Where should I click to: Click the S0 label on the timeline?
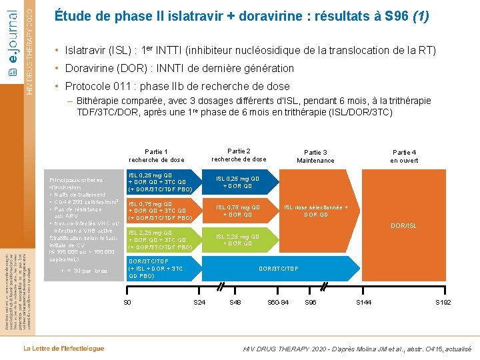(x=127, y=303)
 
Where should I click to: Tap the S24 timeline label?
(x=199, y=303)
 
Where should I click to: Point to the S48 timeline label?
(x=235, y=303)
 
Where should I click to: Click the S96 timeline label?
(x=310, y=303)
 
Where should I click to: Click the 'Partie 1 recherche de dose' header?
(x=157, y=156)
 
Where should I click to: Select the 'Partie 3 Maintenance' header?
(x=315, y=156)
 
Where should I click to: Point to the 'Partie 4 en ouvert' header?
(x=404, y=156)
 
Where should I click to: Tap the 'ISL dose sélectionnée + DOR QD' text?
(x=316, y=211)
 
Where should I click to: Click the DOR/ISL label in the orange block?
(x=403, y=226)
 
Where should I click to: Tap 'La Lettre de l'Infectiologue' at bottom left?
(x=64, y=348)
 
